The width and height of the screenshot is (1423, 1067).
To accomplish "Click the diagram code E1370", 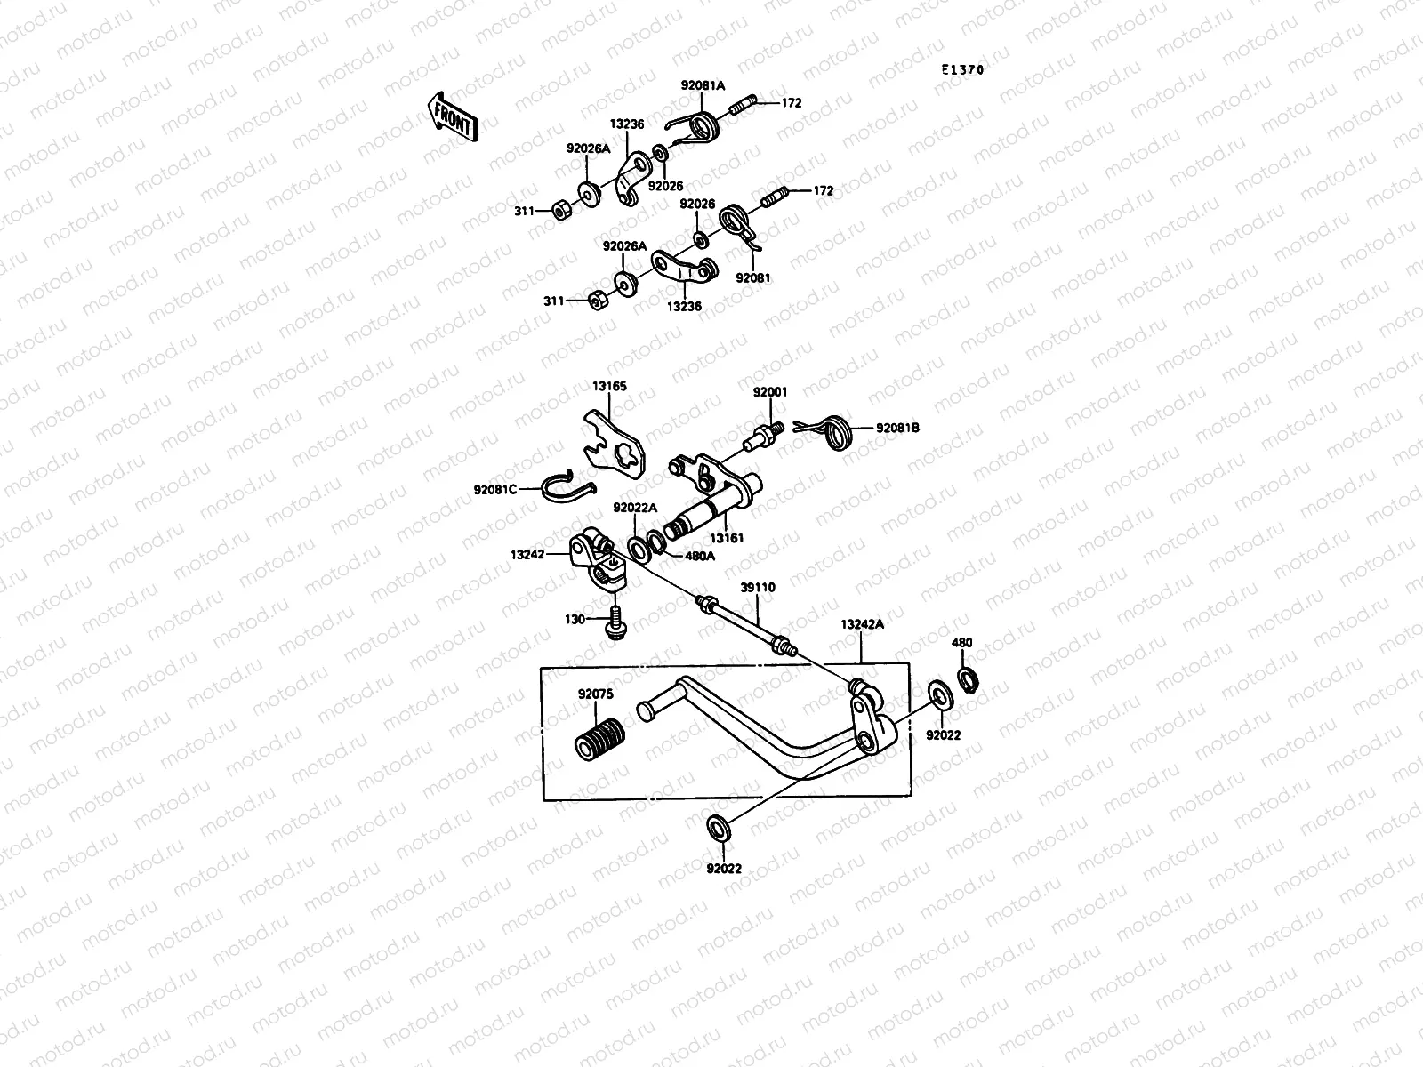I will pos(964,69).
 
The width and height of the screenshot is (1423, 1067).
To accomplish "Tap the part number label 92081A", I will pos(703,86).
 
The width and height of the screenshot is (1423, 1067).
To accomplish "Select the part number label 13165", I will pos(609,387).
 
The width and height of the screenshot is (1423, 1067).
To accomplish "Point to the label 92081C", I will pos(495,489).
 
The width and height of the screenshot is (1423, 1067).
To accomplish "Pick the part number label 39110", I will pos(758,588).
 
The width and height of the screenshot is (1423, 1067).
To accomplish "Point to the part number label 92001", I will pos(770,392).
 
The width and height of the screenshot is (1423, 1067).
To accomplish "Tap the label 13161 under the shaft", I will pos(726,538).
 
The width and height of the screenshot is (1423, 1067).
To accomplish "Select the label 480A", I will pos(699,556).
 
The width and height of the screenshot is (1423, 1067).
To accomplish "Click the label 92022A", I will pos(634,508).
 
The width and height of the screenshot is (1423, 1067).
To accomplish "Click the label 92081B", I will pos(897,428).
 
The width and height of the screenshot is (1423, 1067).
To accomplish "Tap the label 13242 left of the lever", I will pos(527,554).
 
